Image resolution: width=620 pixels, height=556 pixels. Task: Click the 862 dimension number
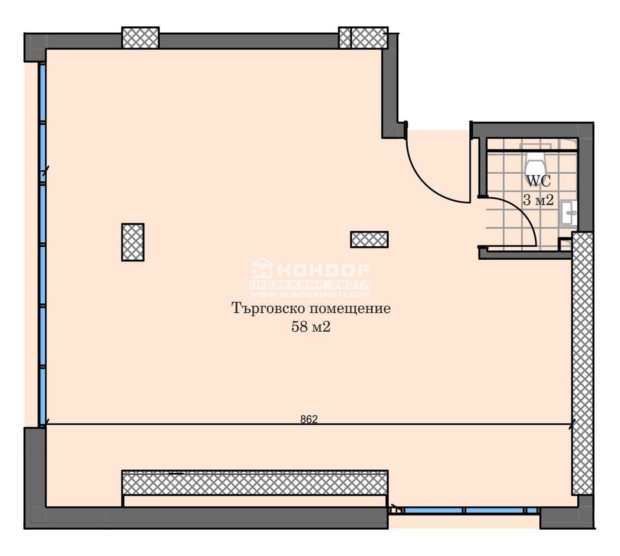309,419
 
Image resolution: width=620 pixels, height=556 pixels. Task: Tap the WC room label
538,181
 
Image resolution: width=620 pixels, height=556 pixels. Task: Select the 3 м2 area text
538,200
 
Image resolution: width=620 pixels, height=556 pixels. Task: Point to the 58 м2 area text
310,327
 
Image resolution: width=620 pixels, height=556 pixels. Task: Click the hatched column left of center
133,242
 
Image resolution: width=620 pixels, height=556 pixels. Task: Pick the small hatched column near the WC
369,239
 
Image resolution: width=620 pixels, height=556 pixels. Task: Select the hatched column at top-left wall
140,37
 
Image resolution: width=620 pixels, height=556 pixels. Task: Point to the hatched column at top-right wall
363,37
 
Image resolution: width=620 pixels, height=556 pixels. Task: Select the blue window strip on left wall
43,245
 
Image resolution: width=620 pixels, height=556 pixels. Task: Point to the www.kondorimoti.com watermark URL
310,295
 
